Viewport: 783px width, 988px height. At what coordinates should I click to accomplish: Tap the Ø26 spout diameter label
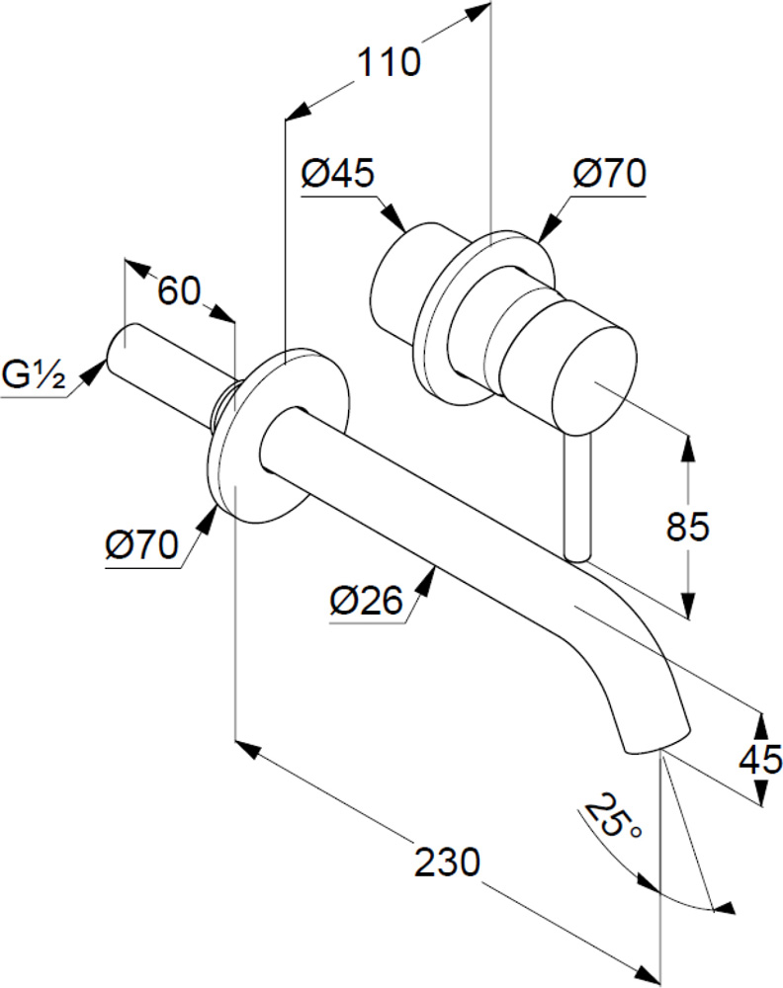pos(366,600)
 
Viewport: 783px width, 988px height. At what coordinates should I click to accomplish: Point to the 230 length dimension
pos(447,862)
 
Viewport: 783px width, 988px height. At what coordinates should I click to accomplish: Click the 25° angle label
pos(612,816)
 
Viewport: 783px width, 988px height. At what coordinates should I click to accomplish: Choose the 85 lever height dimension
pos(688,527)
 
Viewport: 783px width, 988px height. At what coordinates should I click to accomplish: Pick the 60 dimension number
pos(179,291)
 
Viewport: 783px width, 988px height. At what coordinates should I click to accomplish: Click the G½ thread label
pos(34,376)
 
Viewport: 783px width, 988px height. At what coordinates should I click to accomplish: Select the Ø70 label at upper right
pos(610,173)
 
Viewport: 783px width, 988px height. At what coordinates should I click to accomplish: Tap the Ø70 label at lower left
pos(142,545)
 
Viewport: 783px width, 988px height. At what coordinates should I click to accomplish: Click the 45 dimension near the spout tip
pos(761,759)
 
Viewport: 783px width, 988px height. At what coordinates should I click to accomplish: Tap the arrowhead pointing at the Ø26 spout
pos(428,578)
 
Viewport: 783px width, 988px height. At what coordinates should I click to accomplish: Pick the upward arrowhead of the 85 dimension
pos(688,449)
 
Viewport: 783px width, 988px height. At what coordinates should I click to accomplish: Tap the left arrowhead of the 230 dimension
pos(248,750)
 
